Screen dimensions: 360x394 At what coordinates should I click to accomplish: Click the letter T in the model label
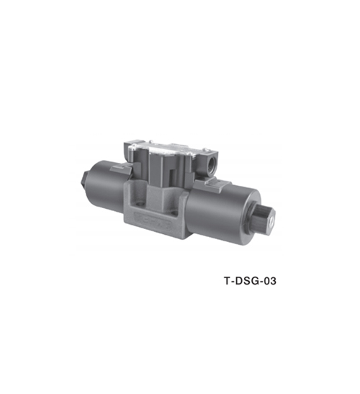[x=227, y=281]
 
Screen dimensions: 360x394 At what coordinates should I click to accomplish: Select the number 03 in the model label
[x=269, y=281]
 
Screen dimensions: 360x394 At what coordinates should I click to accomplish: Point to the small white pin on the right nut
[x=271, y=223]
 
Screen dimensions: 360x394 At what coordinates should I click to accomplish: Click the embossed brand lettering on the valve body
[x=153, y=220]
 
